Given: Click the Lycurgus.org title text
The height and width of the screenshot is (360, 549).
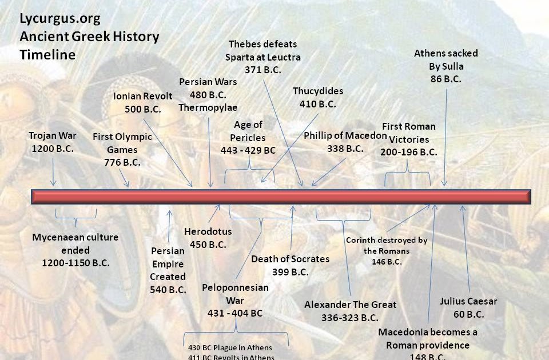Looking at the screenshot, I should click(60, 18).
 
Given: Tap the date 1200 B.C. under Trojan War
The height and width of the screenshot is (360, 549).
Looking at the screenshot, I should click(53, 149).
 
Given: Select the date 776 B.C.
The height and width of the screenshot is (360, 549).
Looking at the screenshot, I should click(122, 162).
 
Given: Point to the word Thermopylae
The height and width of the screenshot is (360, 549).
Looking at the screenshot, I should click(208, 107).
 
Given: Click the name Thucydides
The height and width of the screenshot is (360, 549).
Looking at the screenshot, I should click(318, 91).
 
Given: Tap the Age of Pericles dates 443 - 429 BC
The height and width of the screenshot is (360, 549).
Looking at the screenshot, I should click(248, 150).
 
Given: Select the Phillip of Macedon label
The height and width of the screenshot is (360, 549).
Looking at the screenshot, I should click(345, 135).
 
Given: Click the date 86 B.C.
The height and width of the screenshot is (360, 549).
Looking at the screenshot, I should click(446, 79).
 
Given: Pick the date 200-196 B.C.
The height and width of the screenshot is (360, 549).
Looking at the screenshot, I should click(409, 153).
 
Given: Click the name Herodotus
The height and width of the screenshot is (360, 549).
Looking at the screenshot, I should click(208, 231).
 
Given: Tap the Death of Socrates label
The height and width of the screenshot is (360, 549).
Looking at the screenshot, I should click(291, 259).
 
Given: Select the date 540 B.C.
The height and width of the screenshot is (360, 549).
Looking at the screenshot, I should click(168, 290).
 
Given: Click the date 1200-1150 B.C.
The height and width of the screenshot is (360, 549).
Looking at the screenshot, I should click(75, 263).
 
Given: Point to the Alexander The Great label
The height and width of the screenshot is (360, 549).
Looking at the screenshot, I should click(350, 305).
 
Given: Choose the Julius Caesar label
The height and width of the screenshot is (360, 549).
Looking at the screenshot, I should click(469, 301).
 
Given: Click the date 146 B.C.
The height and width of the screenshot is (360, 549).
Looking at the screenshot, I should click(387, 262).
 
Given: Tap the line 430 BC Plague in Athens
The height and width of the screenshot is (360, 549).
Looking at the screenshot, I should click(230, 347).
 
